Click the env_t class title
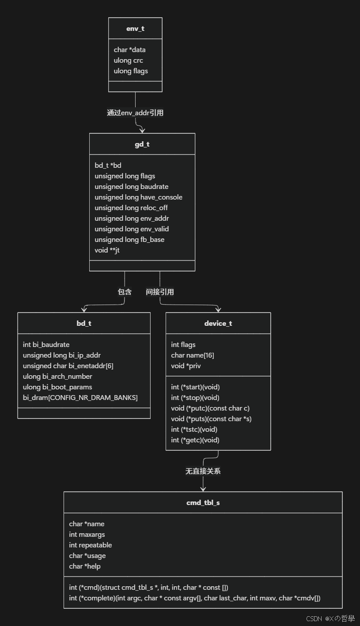(135, 29)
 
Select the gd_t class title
(142, 144)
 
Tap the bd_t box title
(84, 324)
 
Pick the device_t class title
(218, 324)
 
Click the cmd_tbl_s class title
(203, 503)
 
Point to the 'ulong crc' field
(128, 60)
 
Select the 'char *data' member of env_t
(129, 50)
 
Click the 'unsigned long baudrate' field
(131, 187)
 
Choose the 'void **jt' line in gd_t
(107, 250)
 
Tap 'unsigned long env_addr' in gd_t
(132, 219)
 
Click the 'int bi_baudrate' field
(46, 345)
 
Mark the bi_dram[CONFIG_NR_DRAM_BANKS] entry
(80, 398)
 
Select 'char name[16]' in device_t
(192, 355)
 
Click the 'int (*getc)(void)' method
(195, 440)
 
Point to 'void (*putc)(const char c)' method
(210, 408)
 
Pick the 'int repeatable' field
(90, 545)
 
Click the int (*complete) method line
(195, 598)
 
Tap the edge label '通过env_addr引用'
(135, 113)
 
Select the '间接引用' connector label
(160, 292)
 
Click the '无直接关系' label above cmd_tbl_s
(203, 471)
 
